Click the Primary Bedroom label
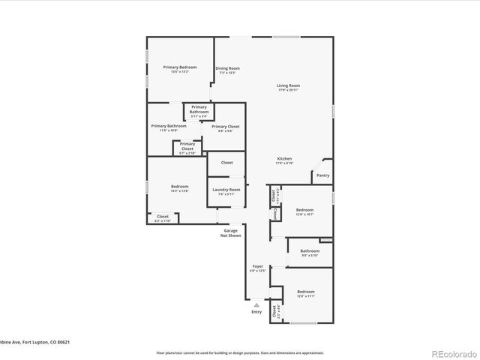pos(179,67)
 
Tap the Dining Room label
pos(227,68)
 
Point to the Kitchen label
pos(284,159)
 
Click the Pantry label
pos(322,175)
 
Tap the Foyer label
pos(257,266)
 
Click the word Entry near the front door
pos(256,311)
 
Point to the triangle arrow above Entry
pos(256,304)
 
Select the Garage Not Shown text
pos(230,233)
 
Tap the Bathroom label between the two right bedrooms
pos(310,251)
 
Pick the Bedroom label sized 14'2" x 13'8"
pos(179,187)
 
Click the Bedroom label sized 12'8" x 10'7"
pos(304,210)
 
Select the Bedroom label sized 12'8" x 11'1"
pos(305,292)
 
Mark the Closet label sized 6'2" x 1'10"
pos(163,217)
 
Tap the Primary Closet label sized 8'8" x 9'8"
pos(225,127)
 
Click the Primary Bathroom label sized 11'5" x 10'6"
pos(169,126)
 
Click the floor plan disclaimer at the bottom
pos(239,352)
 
